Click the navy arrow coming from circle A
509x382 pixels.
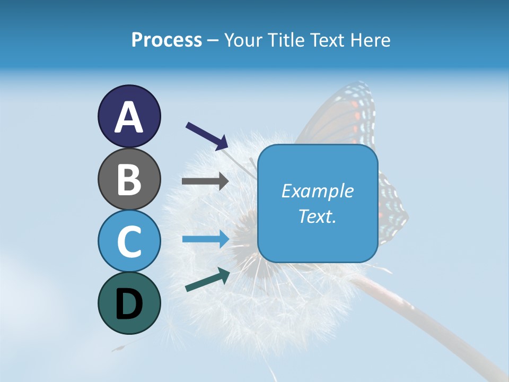point(206,136)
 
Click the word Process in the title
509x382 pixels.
point(166,40)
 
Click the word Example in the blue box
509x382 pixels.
point(317,191)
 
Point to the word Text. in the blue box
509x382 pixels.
point(317,216)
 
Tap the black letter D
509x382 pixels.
point(129,304)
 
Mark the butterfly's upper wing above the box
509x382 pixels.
point(345,114)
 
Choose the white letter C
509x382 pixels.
point(129,242)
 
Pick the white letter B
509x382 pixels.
point(129,179)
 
